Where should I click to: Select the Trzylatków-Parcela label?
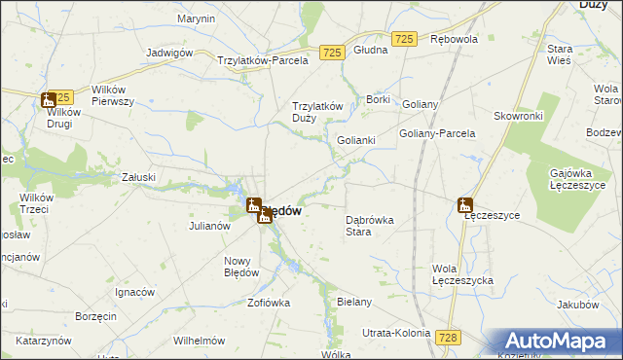click(x=263, y=59)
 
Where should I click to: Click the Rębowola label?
click(x=454, y=40)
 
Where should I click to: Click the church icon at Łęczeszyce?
click(x=465, y=205)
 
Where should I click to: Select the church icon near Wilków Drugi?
click(x=48, y=99)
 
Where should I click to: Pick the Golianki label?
click(x=356, y=140)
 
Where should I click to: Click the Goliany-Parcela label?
click(x=437, y=133)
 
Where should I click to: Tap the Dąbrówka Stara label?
click(x=370, y=226)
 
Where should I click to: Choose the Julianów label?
click(x=208, y=226)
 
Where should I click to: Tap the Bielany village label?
click(x=354, y=302)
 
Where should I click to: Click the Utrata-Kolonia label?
click(x=396, y=333)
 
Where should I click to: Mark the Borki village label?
click(x=378, y=99)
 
